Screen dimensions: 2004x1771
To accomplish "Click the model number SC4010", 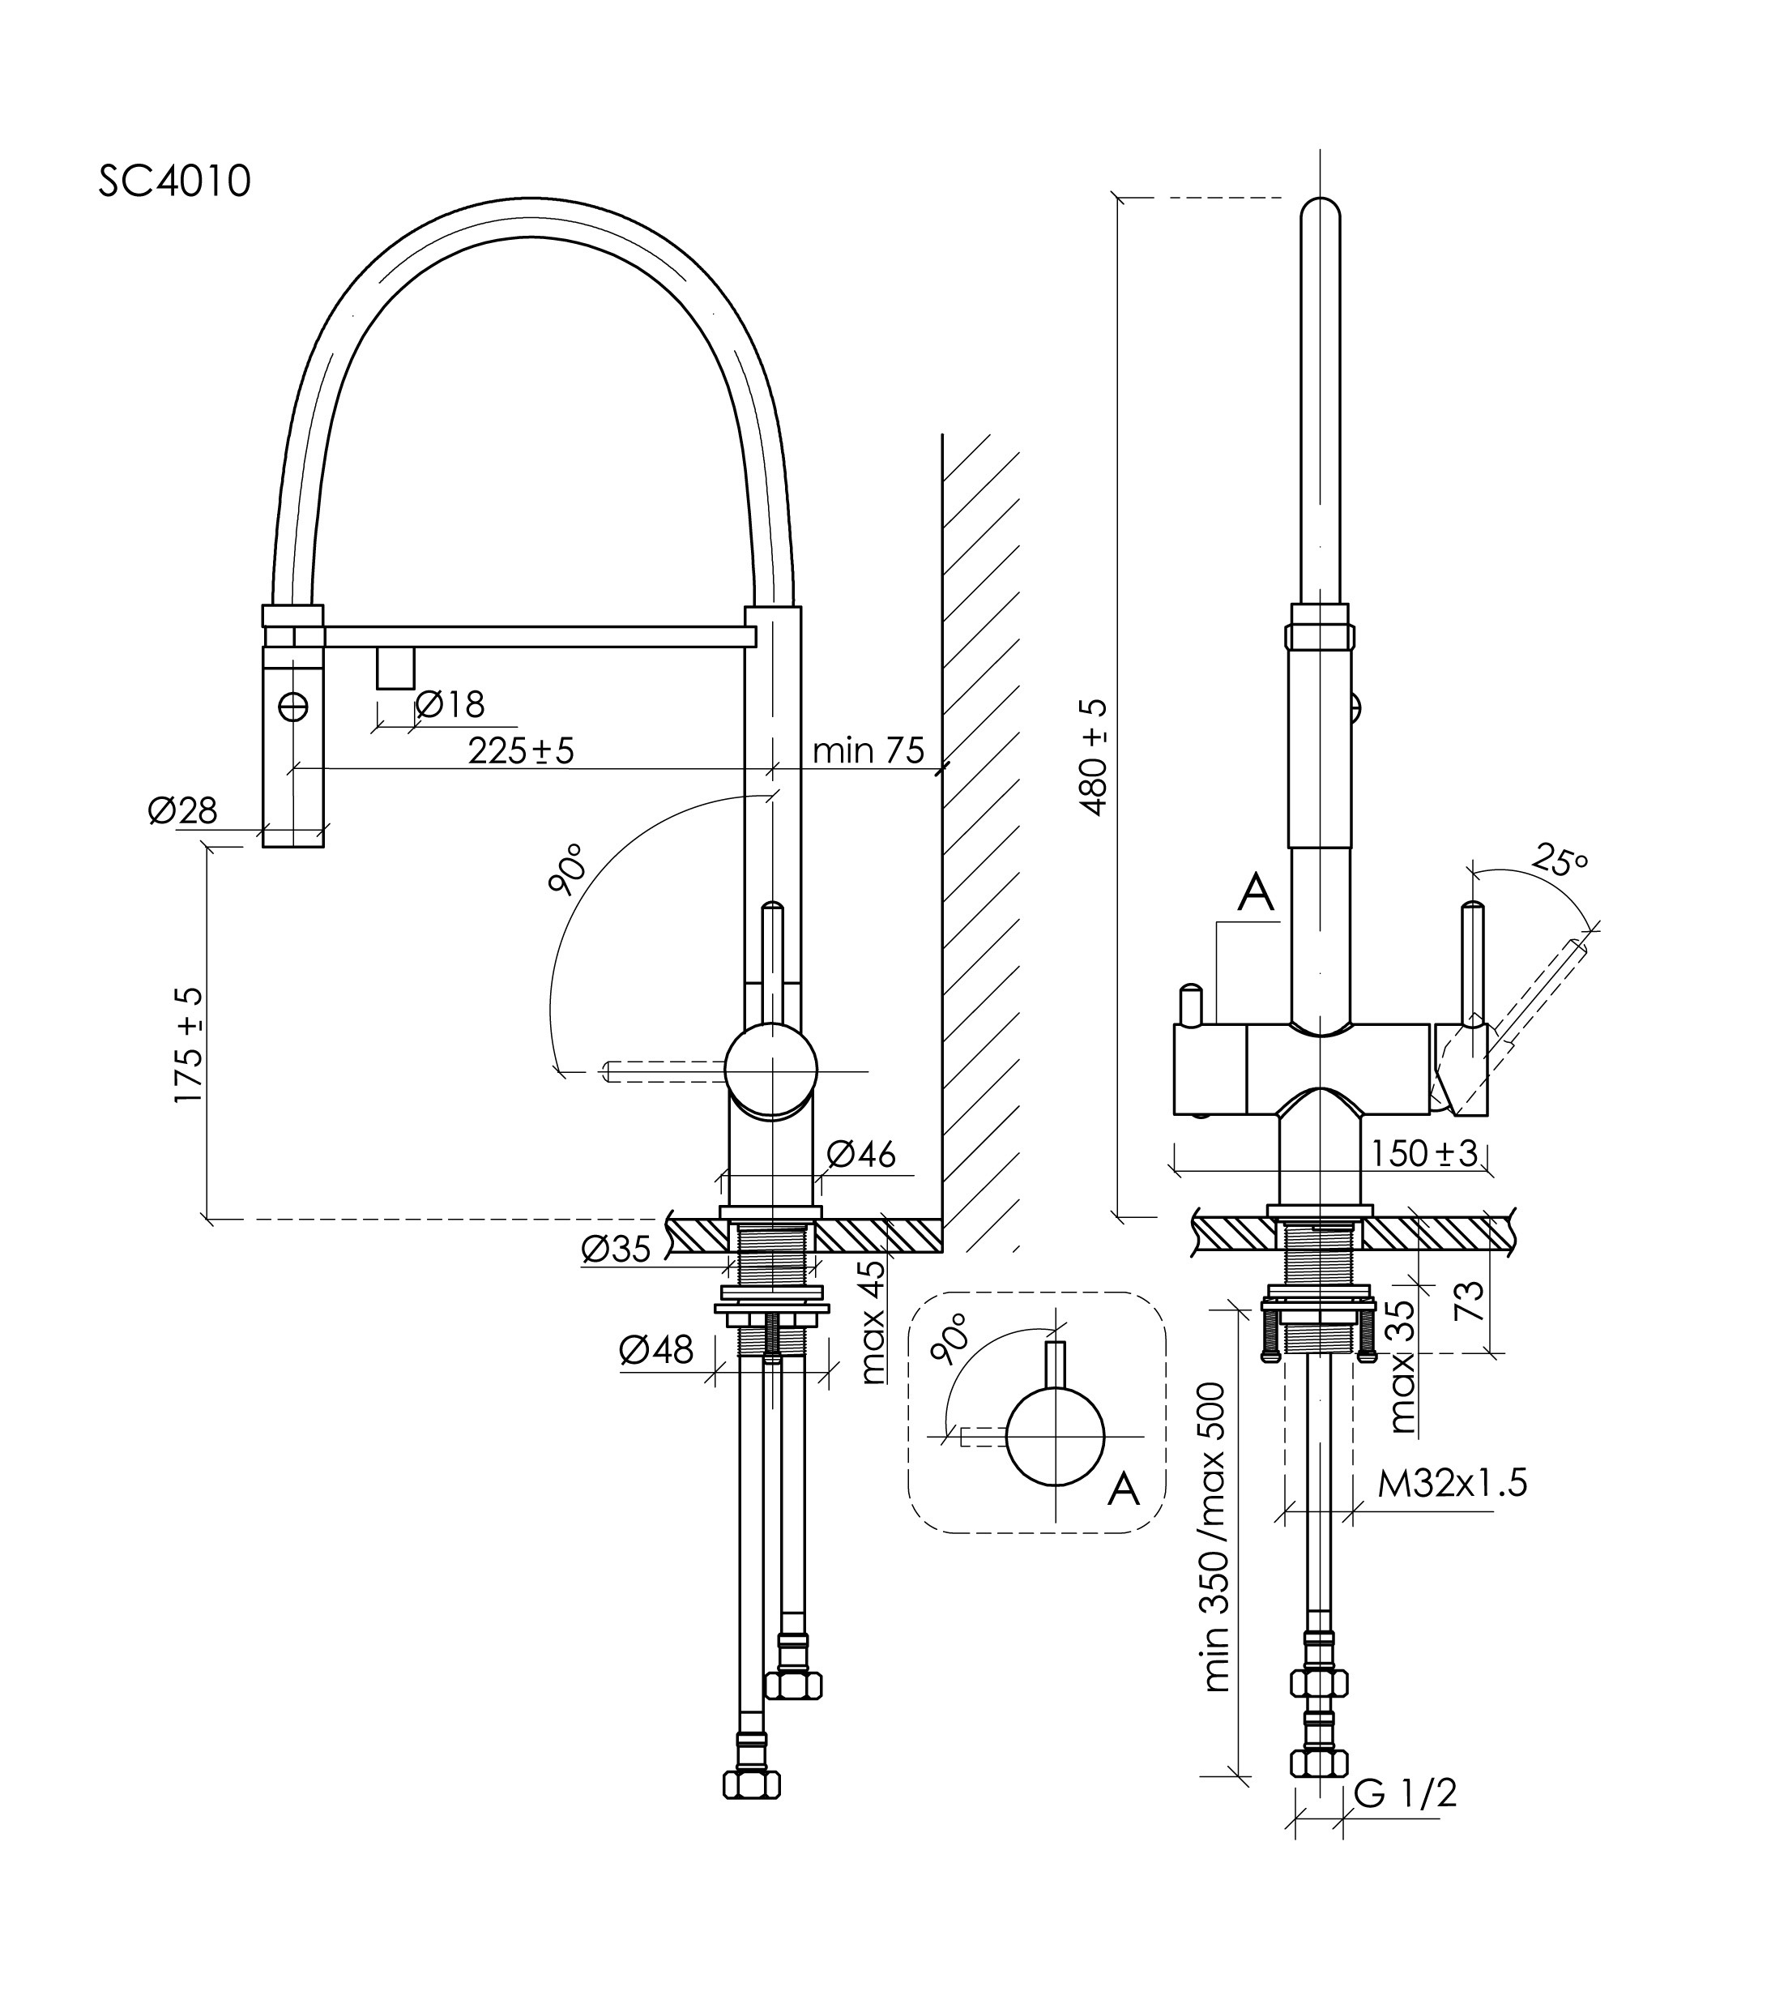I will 174,182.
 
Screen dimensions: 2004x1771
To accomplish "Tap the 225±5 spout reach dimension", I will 520,750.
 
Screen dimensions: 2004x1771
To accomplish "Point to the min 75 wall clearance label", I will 868,750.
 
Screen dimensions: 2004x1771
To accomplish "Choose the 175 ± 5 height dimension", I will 189,1046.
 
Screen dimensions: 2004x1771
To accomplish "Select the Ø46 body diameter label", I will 860,1154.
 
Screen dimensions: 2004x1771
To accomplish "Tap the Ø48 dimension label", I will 655,1350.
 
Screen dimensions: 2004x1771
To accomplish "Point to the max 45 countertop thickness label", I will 871,1322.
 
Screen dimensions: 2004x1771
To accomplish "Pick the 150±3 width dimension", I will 1423,1153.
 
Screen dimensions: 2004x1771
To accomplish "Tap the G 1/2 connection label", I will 1406,1793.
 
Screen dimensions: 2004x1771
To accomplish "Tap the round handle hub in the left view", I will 771,1070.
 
